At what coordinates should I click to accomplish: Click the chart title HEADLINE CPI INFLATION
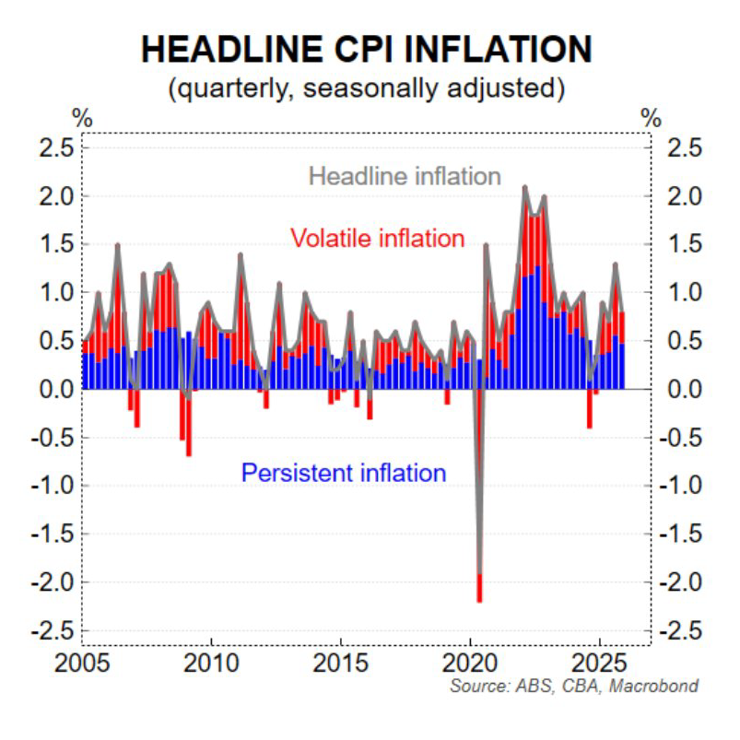click(x=366, y=51)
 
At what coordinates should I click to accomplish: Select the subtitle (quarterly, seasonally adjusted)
click(x=366, y=89)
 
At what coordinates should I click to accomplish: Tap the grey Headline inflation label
click(x=405, y=176)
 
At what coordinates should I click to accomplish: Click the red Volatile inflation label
click(x=377, y=239)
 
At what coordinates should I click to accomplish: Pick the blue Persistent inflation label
click(x=344, y=474)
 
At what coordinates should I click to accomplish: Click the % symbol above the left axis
click(x=82, y=119)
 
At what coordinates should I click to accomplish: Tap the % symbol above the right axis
click(x=652, y=119)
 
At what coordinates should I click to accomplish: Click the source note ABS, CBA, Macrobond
click(x=573, y=687)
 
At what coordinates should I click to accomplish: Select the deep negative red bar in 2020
click(x=479, y=587)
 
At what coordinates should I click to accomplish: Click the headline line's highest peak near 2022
click(x=524, y=187)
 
